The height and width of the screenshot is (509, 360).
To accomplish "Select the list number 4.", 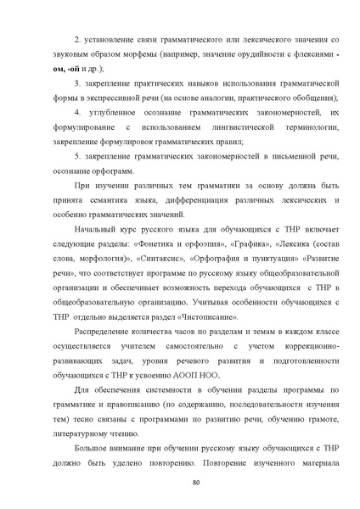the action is tap(77, 112).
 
